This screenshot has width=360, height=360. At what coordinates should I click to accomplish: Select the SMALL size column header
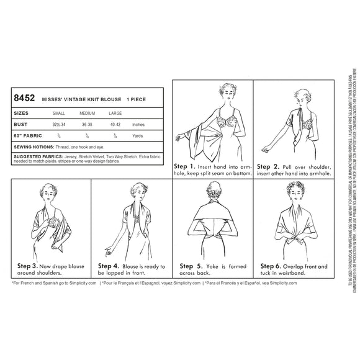point(61,114)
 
